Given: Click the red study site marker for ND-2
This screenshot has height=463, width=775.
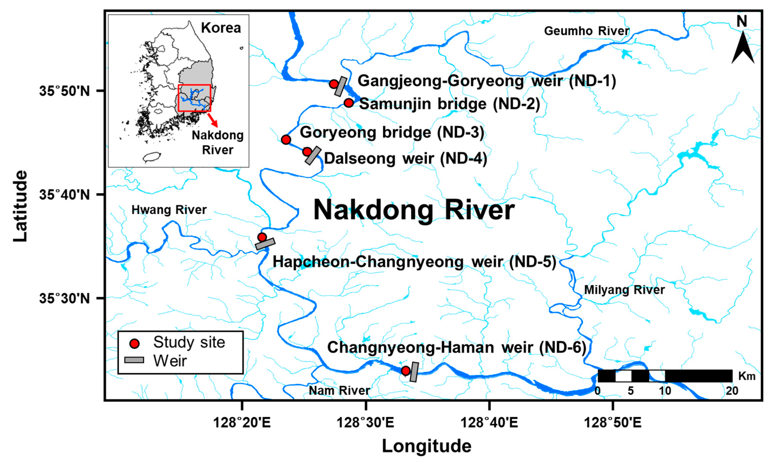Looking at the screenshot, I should (349, 103).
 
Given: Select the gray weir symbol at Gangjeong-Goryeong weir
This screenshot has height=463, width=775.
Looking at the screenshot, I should (341, 86).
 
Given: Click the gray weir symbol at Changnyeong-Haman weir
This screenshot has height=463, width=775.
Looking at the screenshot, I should (414, 372).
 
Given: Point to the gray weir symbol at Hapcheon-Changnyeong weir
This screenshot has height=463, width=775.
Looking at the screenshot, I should (265, 244).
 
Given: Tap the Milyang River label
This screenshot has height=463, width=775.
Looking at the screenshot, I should (624, 290).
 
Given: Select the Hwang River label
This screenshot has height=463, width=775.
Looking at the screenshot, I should (169, 210).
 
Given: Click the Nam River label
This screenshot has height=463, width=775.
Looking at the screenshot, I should (339, 390).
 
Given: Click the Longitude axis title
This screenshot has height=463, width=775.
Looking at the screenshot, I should (427, 446).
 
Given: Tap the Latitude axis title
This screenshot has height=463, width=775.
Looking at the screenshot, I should (21, 206).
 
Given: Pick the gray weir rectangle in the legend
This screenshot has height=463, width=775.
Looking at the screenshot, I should (134, 360).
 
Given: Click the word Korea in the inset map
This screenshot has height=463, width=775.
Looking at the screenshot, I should (221, 28).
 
